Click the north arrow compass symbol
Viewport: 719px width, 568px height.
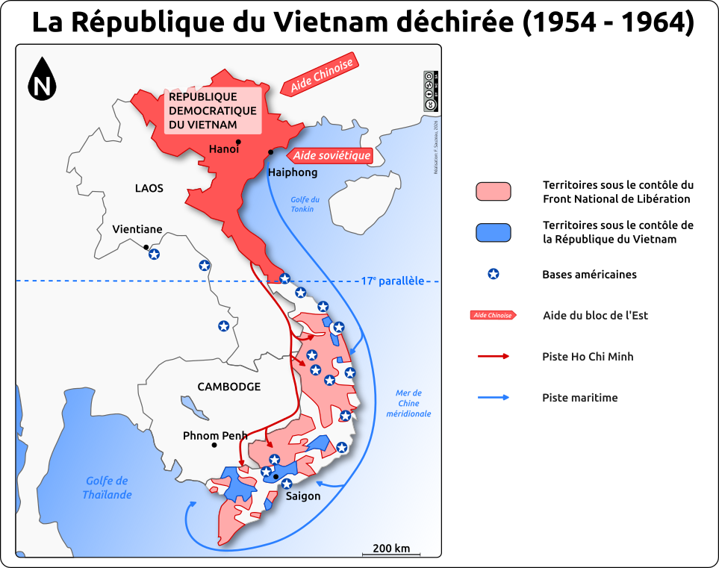tap(43, 80)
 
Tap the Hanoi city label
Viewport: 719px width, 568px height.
tap(223, 149)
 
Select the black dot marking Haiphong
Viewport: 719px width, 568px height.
tap(271, 152)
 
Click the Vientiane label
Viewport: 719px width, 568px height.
tap(137, 230)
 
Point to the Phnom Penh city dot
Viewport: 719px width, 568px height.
tap(214, 445)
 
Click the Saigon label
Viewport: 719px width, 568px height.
tap(302, 496)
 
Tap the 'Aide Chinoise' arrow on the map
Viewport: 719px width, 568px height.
tap(320, 75)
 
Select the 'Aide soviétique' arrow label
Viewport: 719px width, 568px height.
tap(329, 155)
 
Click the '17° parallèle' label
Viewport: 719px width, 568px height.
tap(392, 281)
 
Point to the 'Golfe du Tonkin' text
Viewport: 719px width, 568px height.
tap(305, 204)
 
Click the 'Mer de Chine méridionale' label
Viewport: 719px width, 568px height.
tap(408, 403)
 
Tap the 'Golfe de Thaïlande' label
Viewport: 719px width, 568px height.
tap(108, 487)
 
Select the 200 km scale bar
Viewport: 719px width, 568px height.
tap(391, 554)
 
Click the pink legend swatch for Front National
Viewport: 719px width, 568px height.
tap(493, 192)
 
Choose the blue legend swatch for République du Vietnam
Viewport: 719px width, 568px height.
tap(493, 233)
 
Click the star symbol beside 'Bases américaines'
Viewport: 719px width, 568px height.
tap(493, 274)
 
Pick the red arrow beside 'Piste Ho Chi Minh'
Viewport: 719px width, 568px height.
tap(494, 356)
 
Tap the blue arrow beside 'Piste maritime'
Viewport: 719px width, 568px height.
tap(494, 398)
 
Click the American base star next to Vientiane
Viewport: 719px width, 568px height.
tap(154, 255)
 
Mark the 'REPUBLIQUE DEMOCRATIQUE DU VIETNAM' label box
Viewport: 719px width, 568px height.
tap(213, 110)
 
